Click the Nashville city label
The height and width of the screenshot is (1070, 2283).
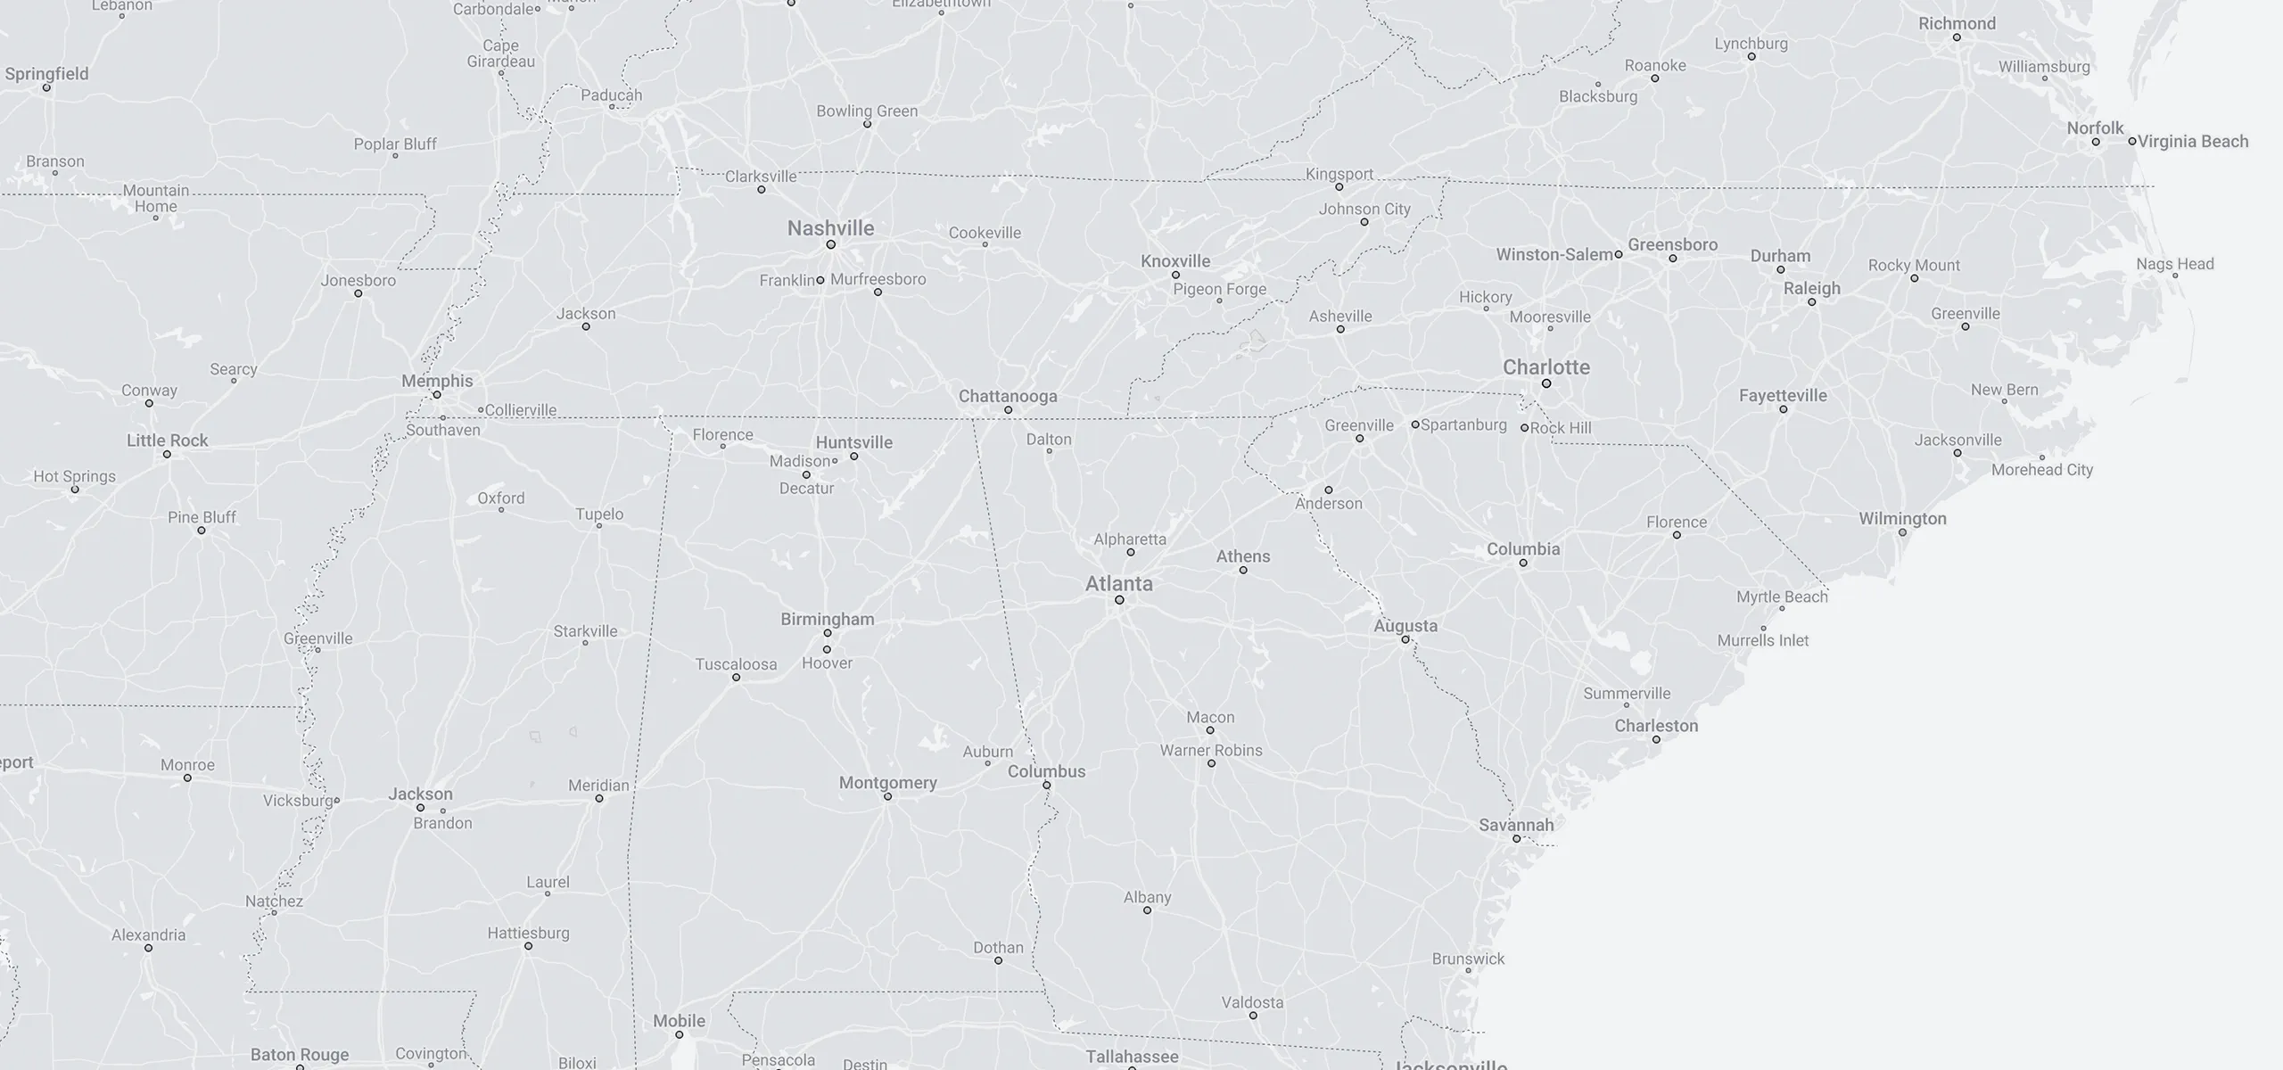(830, 228)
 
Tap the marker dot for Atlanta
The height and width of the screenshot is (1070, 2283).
(1119, 600)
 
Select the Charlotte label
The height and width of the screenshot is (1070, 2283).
(1545, 367)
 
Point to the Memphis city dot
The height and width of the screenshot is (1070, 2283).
(437, 394)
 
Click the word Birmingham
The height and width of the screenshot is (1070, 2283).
(827, 619)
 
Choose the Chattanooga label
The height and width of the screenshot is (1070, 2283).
(1008, 396)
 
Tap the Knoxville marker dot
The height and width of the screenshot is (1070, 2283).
(1175, 275)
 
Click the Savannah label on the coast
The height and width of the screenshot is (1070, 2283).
(1516, 825)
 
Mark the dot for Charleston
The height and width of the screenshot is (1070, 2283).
(1656, 739)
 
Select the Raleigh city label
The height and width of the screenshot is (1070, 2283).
(1811, 288)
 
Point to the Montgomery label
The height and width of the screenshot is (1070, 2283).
(887, 782)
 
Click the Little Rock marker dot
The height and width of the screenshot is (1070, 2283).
(167, 455)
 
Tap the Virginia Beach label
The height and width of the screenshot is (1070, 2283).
(2193, 141)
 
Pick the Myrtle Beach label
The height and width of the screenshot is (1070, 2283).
(1782, 597)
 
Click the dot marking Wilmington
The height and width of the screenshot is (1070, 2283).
(1902, 532)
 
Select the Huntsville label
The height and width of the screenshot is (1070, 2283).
(853, 442)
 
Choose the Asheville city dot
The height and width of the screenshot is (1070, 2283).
(1340, 329)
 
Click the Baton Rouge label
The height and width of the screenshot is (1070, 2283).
(300, 1055)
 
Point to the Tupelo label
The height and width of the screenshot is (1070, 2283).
(599, 514)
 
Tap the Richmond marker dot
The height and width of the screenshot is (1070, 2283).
(1957, 37)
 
